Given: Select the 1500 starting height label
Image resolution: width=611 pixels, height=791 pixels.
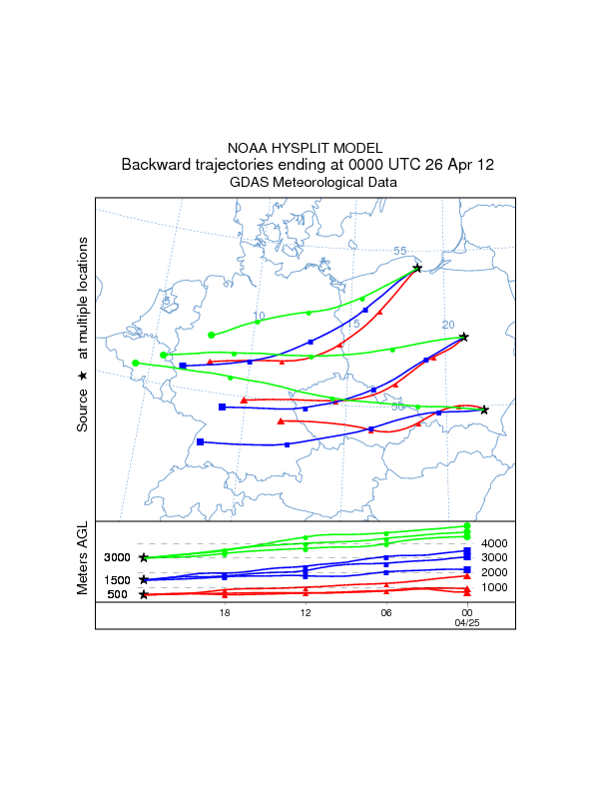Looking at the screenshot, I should (x=118, y=580).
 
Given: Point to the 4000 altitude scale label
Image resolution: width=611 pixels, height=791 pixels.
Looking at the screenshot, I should (x=495, y=543).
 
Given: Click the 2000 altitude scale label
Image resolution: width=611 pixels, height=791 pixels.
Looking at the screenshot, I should (x=495, y=572).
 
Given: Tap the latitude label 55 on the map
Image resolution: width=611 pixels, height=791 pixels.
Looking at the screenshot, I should (x=399, y=252).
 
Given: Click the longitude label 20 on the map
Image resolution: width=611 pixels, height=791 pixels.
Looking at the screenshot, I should (x=448, y=325).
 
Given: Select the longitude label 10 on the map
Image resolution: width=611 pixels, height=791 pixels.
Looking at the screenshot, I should (x=259, y=316).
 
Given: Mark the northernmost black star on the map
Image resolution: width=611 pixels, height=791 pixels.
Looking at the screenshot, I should (x=417, y=268).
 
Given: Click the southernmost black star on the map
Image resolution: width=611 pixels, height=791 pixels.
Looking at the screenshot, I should (x=484, y=409).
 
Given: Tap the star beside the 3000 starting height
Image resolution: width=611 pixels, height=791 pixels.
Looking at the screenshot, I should (x=144, y=557).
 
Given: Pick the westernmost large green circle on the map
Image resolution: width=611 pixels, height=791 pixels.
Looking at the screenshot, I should (x=135, y=364).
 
